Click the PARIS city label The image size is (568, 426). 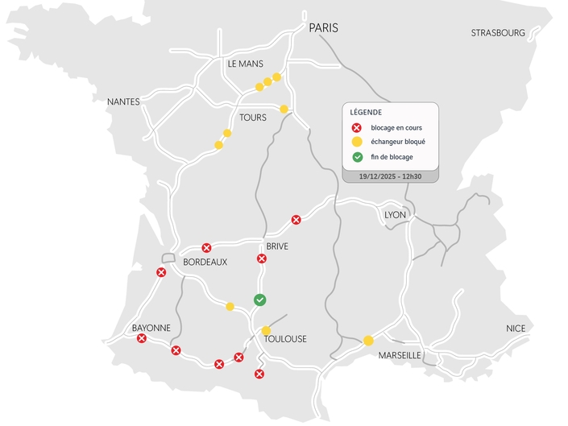(323, 27)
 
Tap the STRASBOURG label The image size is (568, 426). (498, 33)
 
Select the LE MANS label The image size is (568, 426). (246, 64)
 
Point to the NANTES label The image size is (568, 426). (123, 102)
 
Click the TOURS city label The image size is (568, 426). (253, 118)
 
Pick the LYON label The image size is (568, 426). (396, 215)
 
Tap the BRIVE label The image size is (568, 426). (276, 246)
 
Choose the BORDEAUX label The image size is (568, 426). (205, 263)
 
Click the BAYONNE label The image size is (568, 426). (151, 328)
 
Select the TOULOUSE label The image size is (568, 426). (285, 339)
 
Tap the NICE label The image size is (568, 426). (516, 329)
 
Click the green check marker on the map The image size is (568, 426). (260, 300)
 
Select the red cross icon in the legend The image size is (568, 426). (357, 127)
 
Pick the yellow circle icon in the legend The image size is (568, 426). (357, 142)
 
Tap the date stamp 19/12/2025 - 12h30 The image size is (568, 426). (390, 176)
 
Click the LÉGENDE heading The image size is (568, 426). (366, 112)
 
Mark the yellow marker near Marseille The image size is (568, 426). (368, 341)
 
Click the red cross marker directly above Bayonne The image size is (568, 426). (161, 273)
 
